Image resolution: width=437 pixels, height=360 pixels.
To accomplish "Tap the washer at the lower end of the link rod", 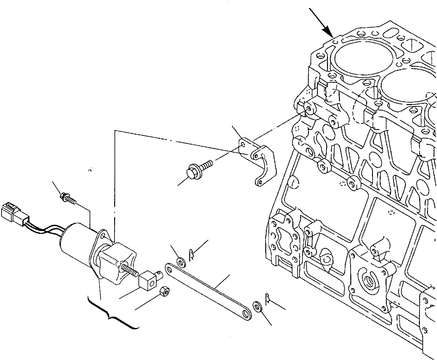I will pyautogui.click(x=257, y=306).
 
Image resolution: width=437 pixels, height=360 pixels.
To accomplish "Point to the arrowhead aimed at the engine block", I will pyautogui.click(x=330, y=32).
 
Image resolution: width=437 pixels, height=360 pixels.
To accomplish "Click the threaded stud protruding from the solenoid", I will pyautogui.click(x=129, y=270).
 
